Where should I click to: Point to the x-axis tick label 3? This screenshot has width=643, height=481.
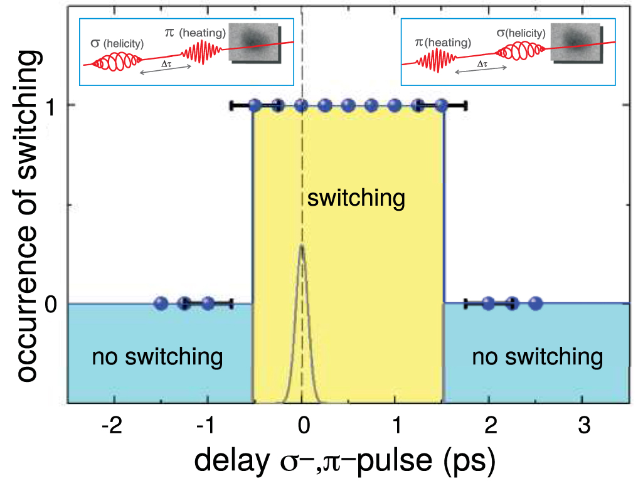pyautogui.click(x=584, y=426)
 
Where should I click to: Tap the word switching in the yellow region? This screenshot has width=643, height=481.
pyautogui.click(x=356, y=199)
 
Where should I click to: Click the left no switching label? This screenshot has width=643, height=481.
pyautogui.click(x=157, y=357)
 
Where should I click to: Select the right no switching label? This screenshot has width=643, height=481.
pyautogui.click(x=538, y=357)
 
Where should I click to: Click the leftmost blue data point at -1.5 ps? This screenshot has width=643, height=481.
pyautogui.click(x=161, y=304)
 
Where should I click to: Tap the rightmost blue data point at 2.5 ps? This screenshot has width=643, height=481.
pyautogui.click(x=535, y=304)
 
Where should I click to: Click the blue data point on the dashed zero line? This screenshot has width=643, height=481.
pyautogui.click(x=302, y=105)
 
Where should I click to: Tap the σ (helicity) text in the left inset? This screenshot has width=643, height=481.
pyautogui.click(x=118, y=44)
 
